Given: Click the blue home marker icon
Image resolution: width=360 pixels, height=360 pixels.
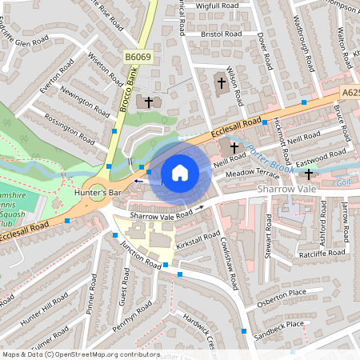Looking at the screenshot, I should (180, 173).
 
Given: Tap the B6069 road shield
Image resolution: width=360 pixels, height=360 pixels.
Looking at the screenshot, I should (138, 58).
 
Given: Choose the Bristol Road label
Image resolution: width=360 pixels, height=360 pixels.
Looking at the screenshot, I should (222, 34).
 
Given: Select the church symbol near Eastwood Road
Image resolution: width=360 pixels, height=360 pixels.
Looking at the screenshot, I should (308, 174).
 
